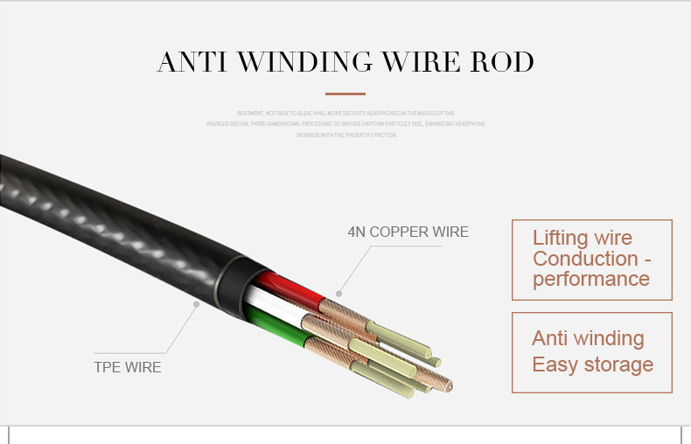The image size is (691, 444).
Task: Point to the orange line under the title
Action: pos(345,94)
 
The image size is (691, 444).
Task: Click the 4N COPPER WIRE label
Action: pos(408,232)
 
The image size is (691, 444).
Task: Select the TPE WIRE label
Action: pos(128,367)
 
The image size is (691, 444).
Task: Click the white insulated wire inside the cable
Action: pos(267,305)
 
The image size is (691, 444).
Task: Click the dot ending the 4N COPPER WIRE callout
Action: pos(339,294)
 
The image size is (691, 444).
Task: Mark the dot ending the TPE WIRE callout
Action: pos(197,304)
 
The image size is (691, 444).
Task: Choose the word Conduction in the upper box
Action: pos(585,259)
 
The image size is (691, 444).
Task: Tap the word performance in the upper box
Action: pos(590,280)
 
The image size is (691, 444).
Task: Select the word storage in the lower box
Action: pos(618,364)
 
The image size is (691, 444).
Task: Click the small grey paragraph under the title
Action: pos(345,124)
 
